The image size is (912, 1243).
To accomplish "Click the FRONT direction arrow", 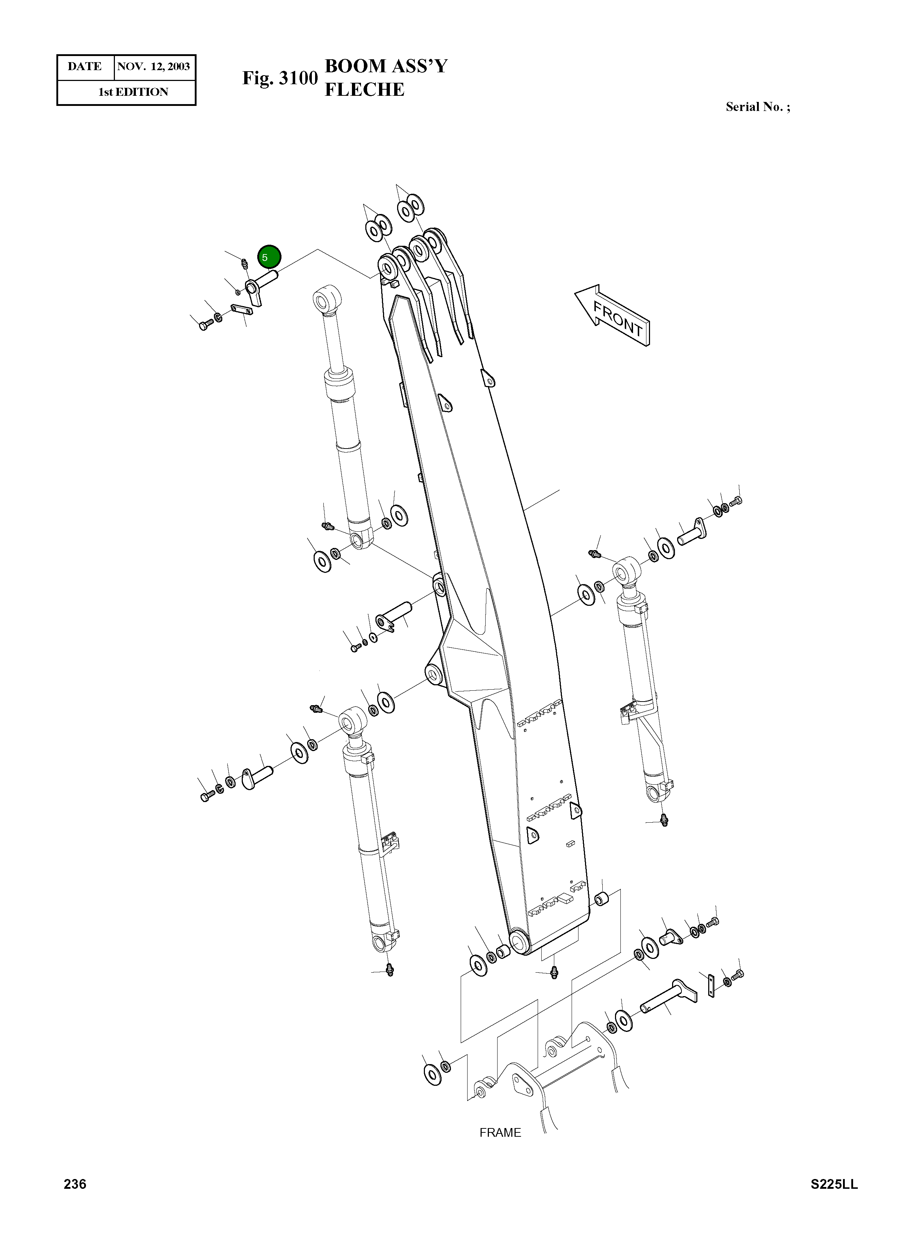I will [x=613, y=315].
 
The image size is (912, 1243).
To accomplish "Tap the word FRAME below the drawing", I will [x=500, y=1132].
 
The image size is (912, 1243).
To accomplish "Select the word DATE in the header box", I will [x=85, y=67].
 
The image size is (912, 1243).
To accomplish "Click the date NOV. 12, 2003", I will [x=154, y=67].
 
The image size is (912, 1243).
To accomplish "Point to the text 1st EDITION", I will [x=133, y=92].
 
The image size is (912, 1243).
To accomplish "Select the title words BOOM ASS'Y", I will [x=386, y=66].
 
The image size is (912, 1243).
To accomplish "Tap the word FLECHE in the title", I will [x=364, y=89].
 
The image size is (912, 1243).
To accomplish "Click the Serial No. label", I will [x=757, y=107].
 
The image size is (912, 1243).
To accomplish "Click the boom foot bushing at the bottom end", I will [x=520, y=939].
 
